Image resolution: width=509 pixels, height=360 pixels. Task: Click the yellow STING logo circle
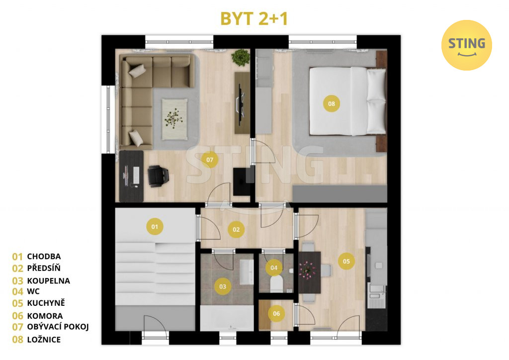pos(466,45)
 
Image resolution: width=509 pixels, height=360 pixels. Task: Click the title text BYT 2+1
pos(254,18)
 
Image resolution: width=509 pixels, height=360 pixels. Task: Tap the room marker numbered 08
pos(331,104)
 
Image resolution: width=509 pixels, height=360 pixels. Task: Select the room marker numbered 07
pos(210,160)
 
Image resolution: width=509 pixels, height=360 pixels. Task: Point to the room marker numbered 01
pos(155,227)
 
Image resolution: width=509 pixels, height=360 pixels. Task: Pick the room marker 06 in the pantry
pos(276,314)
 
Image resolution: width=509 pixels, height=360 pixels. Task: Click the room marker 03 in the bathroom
pos(223,286)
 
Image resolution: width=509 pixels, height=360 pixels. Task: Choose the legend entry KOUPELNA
pos(48,281)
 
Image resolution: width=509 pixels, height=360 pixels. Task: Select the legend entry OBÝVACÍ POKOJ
pos(58,327)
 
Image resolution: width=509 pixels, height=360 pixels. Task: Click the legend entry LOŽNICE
pos(44,340)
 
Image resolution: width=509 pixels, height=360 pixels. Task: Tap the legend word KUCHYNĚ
pos(46,302)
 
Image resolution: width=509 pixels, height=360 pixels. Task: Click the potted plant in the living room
pos(241,58)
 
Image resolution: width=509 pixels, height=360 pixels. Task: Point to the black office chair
pos(158,176)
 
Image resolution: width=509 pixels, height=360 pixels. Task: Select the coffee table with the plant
pos(174,119)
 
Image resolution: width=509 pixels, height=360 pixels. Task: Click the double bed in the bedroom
pos(347,101)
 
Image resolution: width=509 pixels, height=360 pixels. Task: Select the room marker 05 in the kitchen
pos(346,262)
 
